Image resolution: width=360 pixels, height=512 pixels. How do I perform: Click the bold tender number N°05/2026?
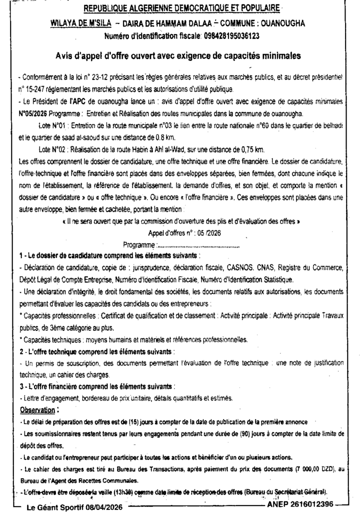32,114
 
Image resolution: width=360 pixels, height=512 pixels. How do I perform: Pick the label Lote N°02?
53,149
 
